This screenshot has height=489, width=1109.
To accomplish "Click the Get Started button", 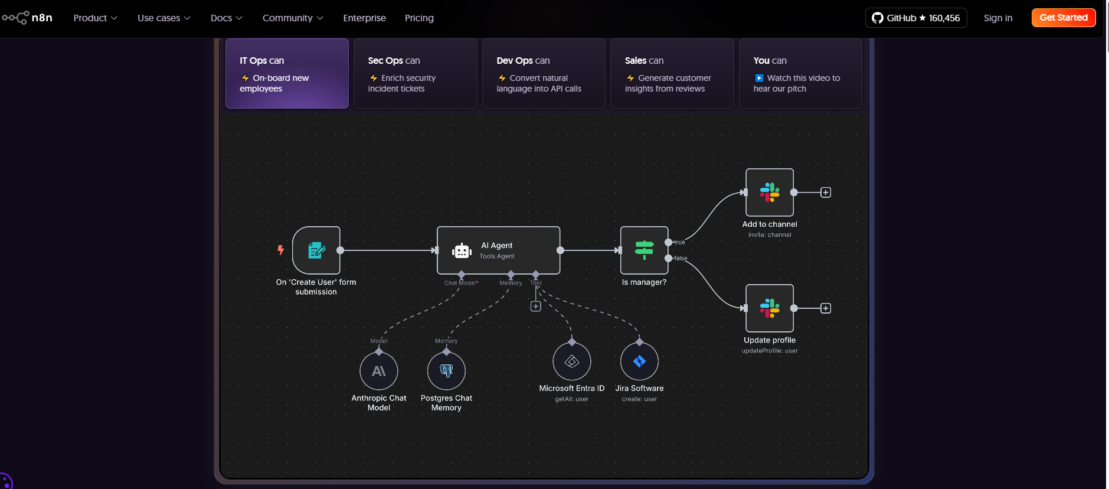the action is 1064,18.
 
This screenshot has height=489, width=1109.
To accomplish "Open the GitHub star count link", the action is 916,18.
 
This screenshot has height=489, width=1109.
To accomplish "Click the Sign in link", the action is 998,18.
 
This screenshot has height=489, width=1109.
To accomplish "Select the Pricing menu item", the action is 419,18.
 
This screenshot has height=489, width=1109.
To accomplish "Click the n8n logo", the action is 27,18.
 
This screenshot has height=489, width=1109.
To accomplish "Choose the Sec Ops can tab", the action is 416,73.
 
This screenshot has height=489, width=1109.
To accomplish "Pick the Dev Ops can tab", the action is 544,73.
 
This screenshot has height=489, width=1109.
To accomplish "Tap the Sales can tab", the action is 672,73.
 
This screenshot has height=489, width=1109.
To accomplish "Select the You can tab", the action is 800,73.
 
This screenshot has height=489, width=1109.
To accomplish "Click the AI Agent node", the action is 499,250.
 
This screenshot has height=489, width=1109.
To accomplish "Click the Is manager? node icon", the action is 644,250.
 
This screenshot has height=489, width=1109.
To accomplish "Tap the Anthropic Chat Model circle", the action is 379,371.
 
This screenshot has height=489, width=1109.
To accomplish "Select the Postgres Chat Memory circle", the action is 446,371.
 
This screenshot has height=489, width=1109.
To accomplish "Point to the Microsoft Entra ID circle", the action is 572,361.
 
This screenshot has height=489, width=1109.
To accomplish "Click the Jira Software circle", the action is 639,361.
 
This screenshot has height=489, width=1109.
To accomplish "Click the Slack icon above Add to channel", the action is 770,193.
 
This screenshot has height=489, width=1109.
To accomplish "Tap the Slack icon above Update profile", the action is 770,308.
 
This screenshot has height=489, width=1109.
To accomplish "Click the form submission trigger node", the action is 316,250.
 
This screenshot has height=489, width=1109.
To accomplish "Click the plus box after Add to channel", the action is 826,193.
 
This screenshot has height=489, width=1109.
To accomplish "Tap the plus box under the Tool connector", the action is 536,307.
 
